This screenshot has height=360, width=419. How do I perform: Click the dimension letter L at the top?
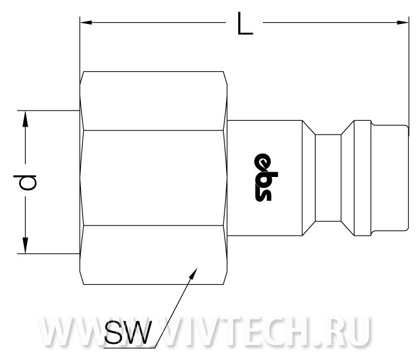(245, 23)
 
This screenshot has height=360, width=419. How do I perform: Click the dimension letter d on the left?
(25, 182)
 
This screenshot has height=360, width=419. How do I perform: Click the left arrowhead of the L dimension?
(86, 23)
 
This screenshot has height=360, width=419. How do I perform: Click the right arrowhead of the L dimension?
(403, 23)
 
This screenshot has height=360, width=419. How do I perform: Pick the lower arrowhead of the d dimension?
(25, 245)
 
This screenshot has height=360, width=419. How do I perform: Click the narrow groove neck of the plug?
(328, 178)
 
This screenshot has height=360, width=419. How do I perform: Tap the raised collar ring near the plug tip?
(362, 178)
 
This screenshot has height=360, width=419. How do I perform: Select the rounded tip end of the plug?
(407, 178)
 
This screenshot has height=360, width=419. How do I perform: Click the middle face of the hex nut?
(153, 178)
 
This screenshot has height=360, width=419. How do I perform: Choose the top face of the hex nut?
(153, 101)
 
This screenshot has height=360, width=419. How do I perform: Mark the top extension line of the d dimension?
(48, 110)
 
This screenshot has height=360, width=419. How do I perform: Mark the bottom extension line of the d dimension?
(48, 254)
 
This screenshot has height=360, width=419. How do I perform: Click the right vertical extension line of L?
(409, 76)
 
